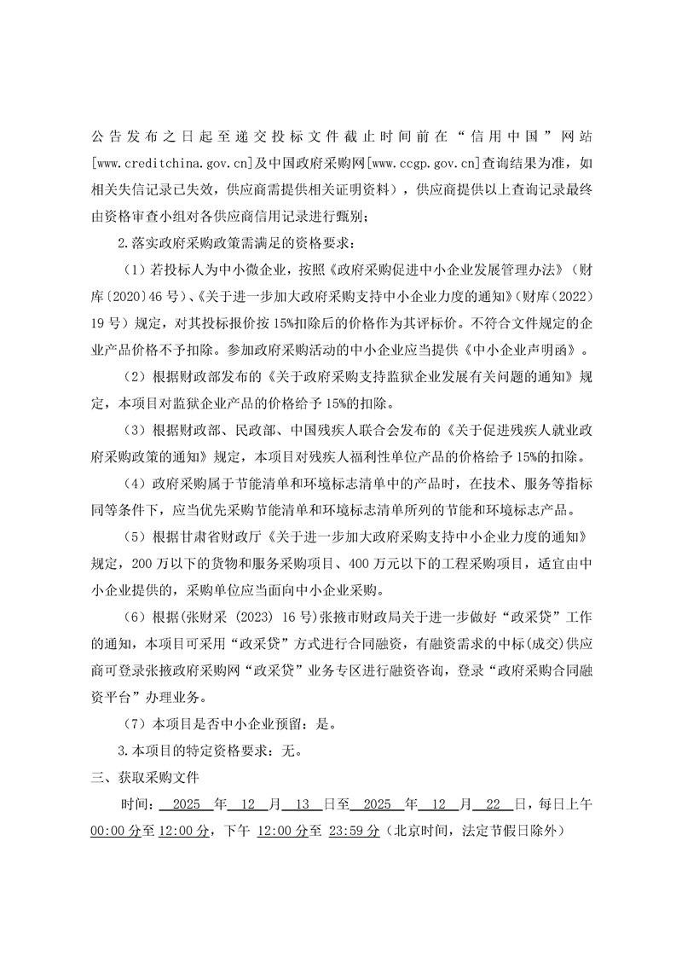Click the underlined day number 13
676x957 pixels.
[303, 803]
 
